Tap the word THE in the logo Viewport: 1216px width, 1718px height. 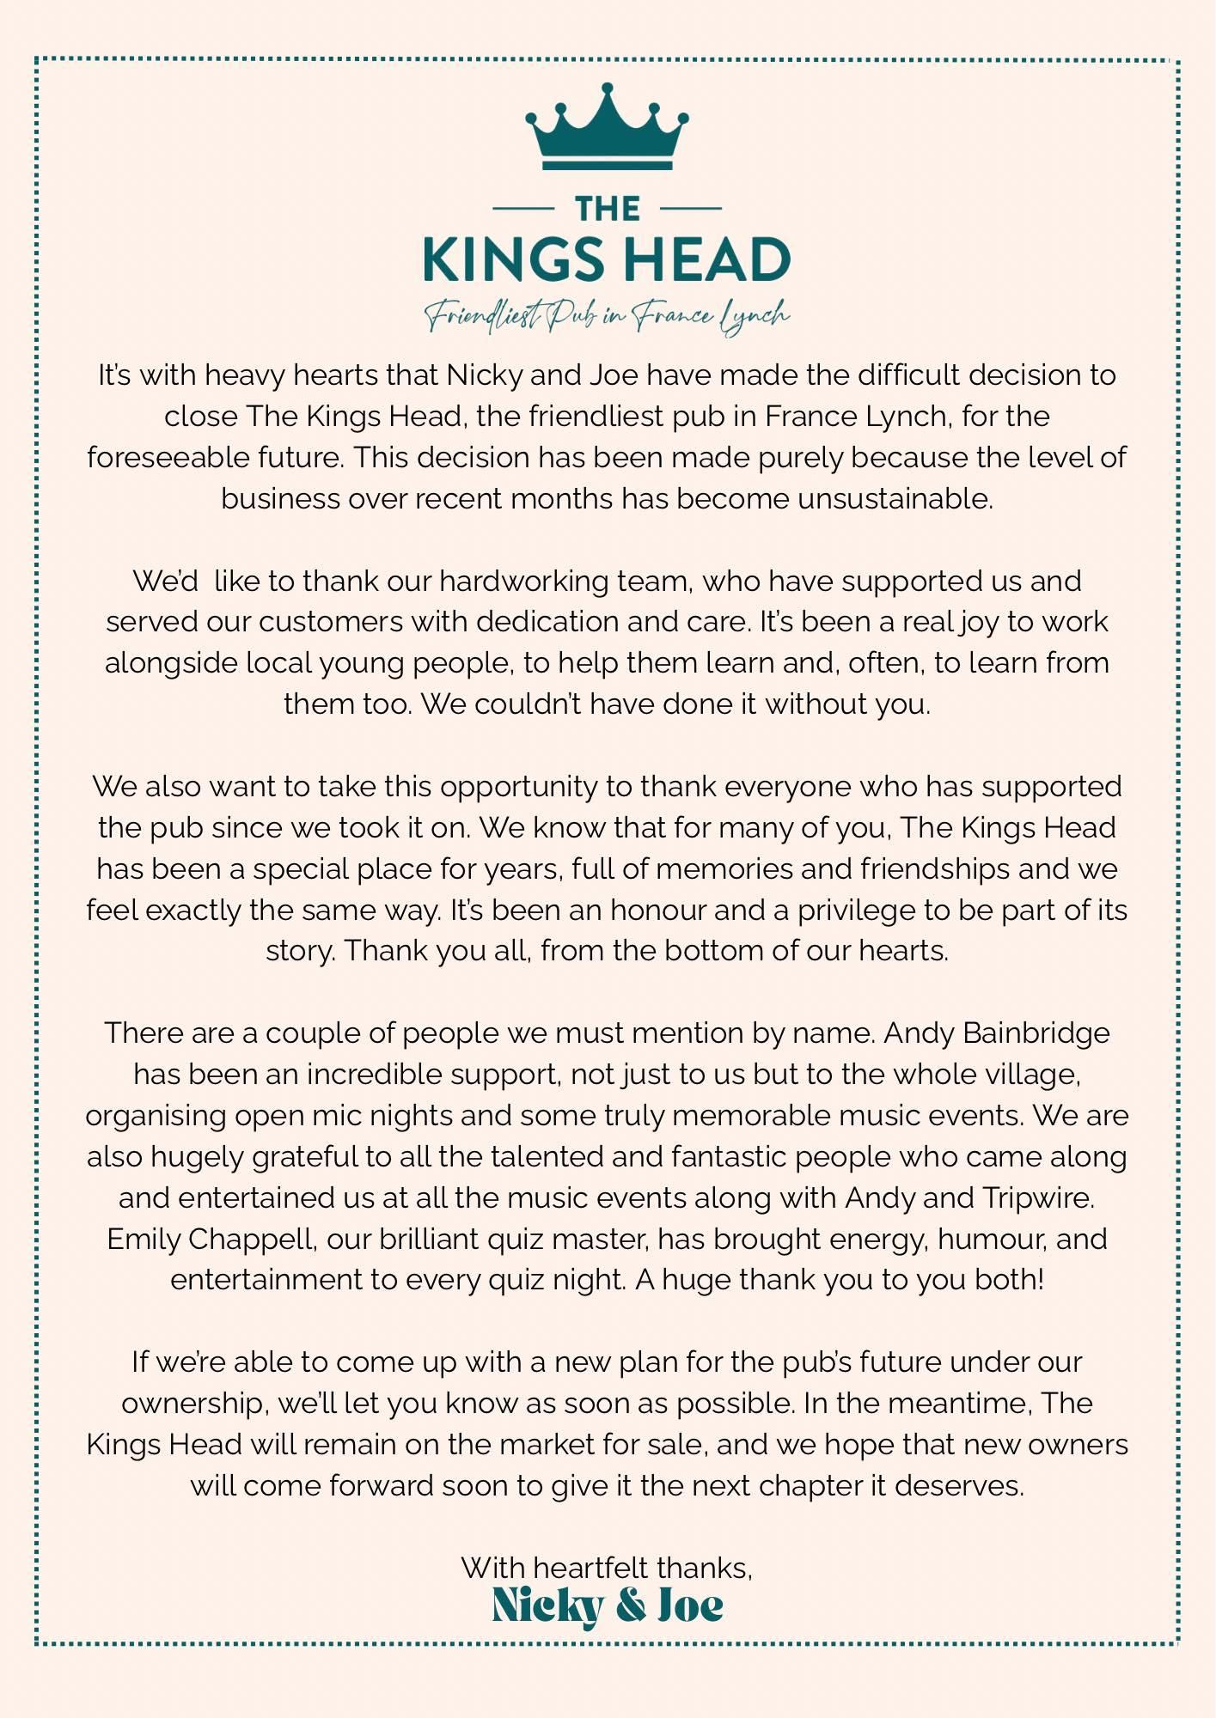pyautogui.click(x=607, y=209)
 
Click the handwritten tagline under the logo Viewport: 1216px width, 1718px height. pyautogui.click(x=607, y=315)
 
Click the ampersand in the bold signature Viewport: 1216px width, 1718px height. pyautogui.click(x=632, y=1605)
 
